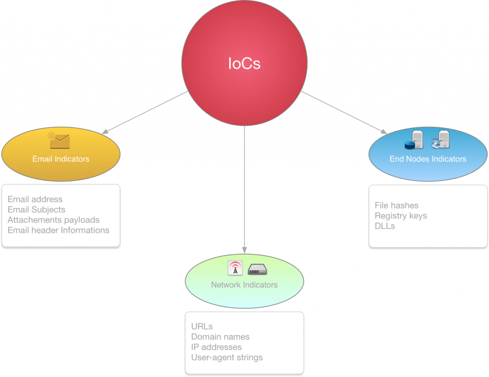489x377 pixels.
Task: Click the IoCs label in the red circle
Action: (244, 64)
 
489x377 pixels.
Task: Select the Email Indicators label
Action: (61, 159)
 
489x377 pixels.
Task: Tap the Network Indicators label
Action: (244, 285)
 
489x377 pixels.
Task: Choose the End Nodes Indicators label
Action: (428, 159)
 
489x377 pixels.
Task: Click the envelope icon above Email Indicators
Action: (59, 141)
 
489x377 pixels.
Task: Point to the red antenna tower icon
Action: (234, 268)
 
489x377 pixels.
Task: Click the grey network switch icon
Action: (257, 270)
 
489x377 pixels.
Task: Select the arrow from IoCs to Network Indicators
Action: (244, 191)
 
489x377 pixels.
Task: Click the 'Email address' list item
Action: (35, 199)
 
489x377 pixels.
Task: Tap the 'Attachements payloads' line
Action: (53, 220)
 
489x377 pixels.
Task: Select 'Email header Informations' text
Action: (58, 230)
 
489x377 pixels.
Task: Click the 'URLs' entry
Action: (202, 327)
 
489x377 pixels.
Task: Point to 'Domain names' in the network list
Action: (220, 337)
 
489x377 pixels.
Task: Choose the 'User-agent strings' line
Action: (227, 357)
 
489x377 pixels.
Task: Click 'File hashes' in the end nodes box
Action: (396, 206)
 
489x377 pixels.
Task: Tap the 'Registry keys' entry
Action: (401, 216)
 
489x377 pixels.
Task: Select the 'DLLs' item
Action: (385, 226)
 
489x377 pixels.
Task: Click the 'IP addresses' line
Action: (216, 347)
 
